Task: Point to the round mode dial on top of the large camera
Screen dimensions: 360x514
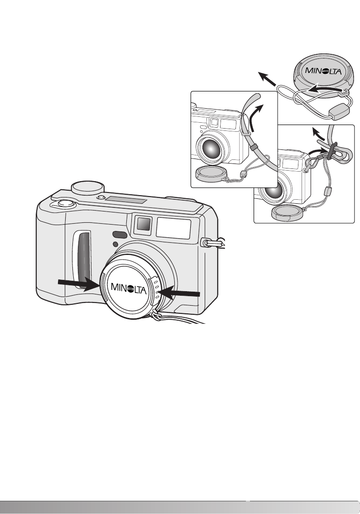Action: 88,187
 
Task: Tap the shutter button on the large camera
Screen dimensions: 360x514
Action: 65,203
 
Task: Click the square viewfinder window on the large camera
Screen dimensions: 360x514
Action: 143,223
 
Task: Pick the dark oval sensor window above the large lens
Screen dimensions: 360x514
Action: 119,234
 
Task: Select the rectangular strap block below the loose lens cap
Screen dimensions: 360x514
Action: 339,111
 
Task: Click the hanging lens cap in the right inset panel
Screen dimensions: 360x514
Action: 285,212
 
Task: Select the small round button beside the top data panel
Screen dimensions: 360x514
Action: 101,197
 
